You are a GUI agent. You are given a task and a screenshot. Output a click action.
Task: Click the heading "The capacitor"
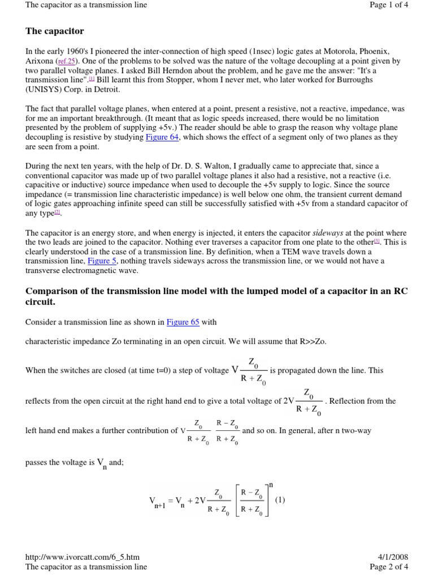pyautogui.click(x=54, y=31)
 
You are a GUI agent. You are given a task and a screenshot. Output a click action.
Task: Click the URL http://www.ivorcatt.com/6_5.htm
pyautogui.click(x=83, y=557)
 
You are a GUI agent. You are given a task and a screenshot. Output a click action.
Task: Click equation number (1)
pyautogui.click(x=281, y=500)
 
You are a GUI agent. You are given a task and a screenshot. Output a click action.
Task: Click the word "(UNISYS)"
pyautogui.click(x=46, y=88)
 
